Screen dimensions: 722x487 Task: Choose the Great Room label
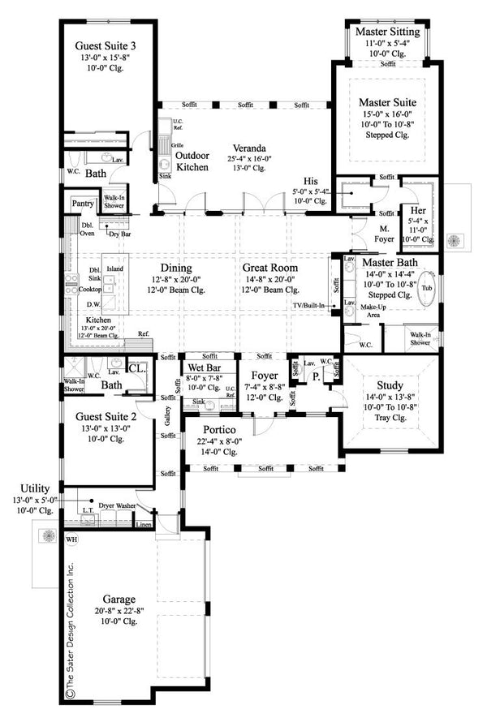(x=269, y=267)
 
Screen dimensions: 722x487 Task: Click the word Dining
(x=175, y=267)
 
